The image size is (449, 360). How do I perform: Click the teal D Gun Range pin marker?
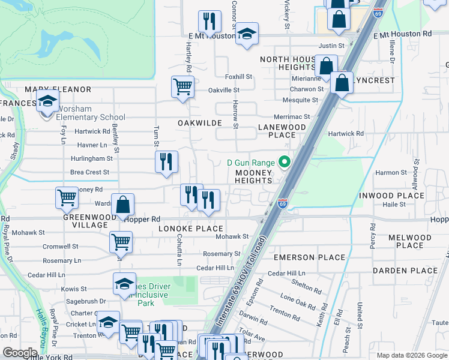click(x=284, y=163)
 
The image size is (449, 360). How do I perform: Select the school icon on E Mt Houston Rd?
click(x=246, y=35)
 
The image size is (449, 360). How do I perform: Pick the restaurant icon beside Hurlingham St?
click(x=166, y=161)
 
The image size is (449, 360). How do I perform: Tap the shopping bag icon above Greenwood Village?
click(x=122, y=205)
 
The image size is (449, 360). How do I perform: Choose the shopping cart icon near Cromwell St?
click(x=121, y=242)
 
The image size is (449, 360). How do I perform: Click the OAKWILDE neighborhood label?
click(x=199, y=123)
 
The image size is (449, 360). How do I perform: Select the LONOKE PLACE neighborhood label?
click(x=190, y=229)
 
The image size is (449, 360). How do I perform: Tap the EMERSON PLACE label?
click(x=309, y=257)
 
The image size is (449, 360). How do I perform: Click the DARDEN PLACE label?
click(x=405, y=271)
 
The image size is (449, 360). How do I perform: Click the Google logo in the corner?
click(x=20, y=352)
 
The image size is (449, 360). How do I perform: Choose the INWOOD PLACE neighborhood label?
click(x=391, y=196)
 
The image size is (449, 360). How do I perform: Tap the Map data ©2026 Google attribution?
click(x=412, y=355)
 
